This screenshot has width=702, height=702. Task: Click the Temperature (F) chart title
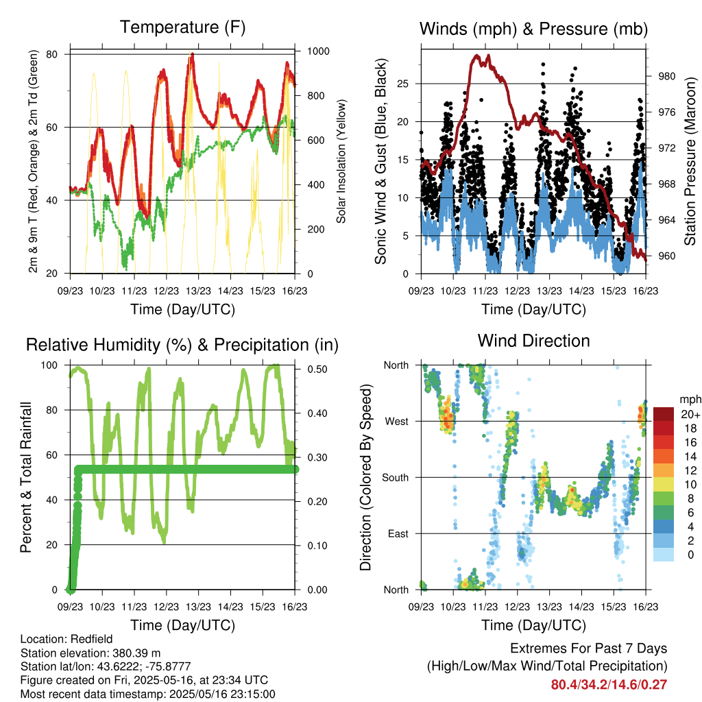tap(182, 27)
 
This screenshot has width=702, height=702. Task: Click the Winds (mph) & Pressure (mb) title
tap(533, 29)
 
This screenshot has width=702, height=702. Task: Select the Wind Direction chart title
tap(533, 341)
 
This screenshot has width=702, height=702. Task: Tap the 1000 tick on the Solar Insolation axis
tap(318, 51)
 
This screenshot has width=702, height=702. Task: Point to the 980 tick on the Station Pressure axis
tap(666, 76)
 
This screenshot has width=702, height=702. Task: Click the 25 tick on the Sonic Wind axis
tap(402, 84)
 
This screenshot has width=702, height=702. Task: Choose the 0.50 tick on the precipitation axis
tap(317, 369)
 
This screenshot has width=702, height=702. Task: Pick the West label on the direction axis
tap(396, 422)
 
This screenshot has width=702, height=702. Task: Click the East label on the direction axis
tap(398, 533)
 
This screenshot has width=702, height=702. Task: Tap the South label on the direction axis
tap(396, 478)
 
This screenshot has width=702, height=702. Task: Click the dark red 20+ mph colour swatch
tap(664, 414)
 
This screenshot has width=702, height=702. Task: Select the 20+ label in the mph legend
tap(690, 414)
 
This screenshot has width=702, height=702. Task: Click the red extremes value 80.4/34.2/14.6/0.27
tap(609, 685)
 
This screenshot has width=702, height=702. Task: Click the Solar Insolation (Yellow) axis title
tap(341, 161)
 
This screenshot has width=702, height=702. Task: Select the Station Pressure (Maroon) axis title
tap(690, 161)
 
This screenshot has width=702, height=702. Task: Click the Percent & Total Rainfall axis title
tap(26, 477)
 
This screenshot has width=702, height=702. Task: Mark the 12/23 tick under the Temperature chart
tap(166, 291)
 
